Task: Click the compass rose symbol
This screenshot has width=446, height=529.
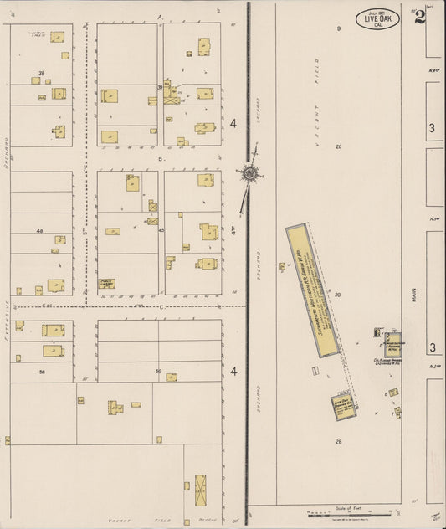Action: point(249,173)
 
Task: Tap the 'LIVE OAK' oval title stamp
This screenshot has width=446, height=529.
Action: point(377,18)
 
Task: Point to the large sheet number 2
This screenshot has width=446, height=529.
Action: point(419,17)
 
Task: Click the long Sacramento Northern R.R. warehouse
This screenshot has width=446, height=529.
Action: point(312,290)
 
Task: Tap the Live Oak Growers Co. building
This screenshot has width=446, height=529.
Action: point(346,407)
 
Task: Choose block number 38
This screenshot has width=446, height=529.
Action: point(41,74)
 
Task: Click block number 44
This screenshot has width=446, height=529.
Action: point(39,230)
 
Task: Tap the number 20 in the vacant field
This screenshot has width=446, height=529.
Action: point(339,146)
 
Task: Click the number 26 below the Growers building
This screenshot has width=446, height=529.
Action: point(339,440)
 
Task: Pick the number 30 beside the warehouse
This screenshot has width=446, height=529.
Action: point(338,295)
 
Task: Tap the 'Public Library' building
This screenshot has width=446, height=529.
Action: point(106,284)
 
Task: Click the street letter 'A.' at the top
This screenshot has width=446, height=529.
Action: point(159,17)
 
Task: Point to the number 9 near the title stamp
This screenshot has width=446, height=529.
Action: point(339,29)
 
